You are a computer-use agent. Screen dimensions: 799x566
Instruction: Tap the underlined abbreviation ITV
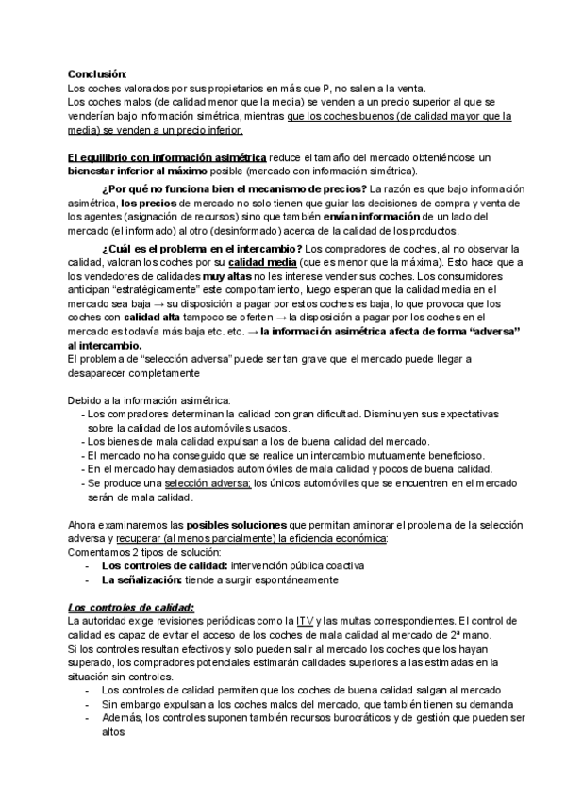click(305, 620)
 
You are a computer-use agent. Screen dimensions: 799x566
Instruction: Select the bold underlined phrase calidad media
click(264, 261)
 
